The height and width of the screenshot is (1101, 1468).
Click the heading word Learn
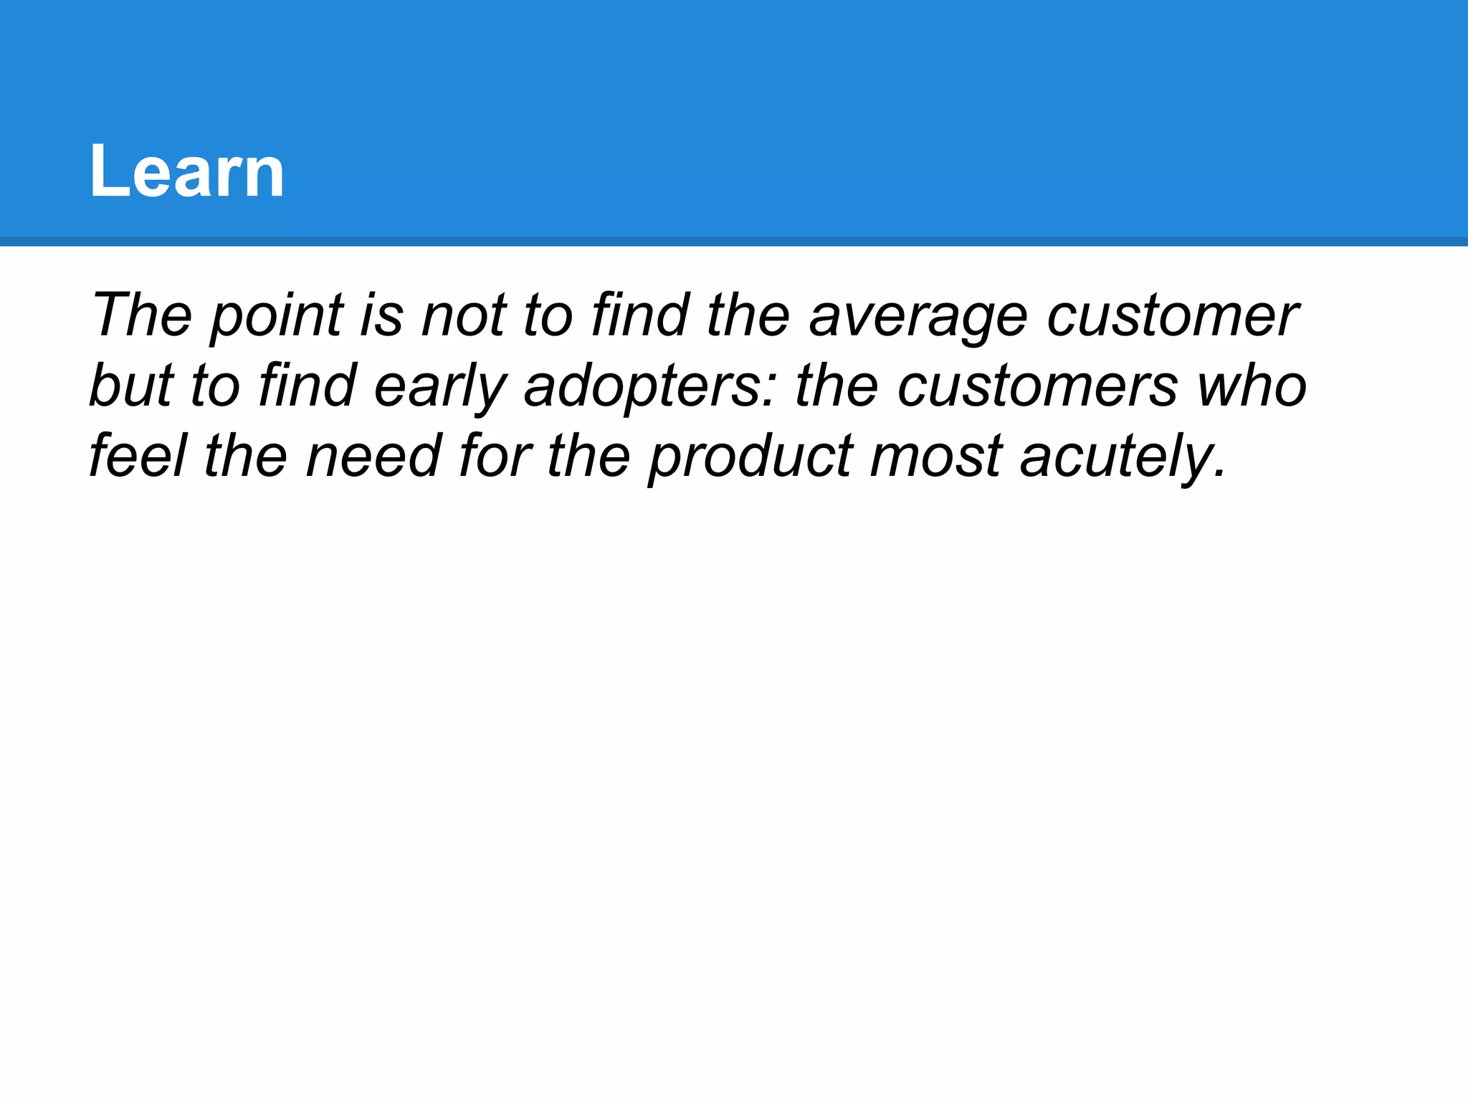pos(187,172)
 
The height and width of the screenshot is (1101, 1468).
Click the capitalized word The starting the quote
pos(141,315)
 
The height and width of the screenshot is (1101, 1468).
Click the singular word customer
pos(1172,315)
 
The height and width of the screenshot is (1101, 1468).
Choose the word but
pos(132,386)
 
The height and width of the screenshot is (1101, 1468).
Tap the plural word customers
pos(1037,386)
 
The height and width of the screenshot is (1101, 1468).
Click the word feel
pos(138,456)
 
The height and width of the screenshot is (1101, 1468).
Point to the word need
pos(373,456)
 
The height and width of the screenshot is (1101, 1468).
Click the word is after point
pos(381,315)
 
